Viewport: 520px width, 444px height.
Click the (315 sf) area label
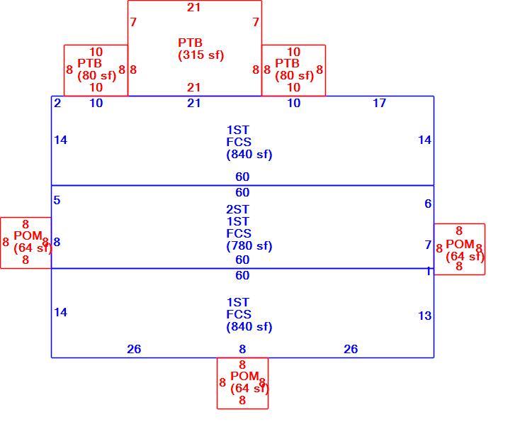(x=201, y=55)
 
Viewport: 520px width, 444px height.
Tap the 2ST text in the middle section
(x=237, y=209)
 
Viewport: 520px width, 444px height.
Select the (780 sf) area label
(x=249, y=246)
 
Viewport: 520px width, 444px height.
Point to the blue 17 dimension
(x=380, y=103)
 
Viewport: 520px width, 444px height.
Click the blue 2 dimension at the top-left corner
(x=57, y=103)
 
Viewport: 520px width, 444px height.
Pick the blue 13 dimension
(x=425, y=316)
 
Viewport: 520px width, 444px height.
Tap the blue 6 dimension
(x=428, y=204)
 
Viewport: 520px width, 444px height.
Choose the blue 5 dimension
(x=57, y=200)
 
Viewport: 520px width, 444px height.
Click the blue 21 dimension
(x=193, y=103)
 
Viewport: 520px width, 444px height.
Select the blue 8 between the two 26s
(x=242, y=349)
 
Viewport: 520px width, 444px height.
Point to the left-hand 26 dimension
(x=134, y=349)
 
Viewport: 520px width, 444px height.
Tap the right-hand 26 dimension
(x=351, y=349)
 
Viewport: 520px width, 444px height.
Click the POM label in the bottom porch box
(x=244, y=376)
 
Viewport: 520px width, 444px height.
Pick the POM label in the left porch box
(x=28, y=235)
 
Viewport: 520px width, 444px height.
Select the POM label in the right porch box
(x=460, y=245)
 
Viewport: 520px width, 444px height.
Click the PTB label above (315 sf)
(x=190, y=43)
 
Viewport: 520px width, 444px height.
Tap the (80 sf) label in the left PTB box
(x=97, y=76)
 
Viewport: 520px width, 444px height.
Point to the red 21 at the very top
(x=193, y=7)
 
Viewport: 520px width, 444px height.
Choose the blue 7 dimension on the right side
(x=428, y=245)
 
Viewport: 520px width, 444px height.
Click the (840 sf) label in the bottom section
(x=249, y=327)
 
